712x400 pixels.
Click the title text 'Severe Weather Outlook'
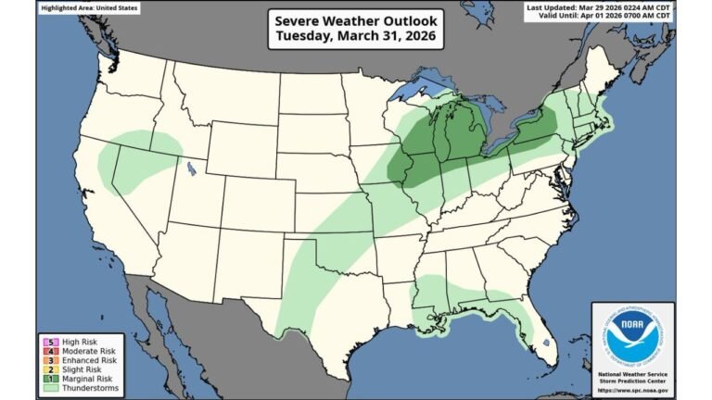click(356, 20)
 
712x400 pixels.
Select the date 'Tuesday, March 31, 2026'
click(356, 38)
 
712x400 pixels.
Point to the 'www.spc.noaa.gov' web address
click(632, 387)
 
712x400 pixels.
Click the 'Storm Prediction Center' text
click(632, 379)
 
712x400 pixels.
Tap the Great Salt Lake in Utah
click(190, 169)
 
